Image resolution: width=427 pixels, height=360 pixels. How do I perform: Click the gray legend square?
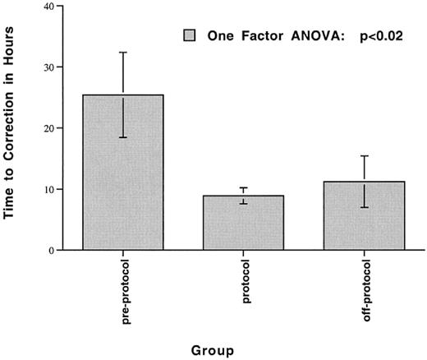click(191, 36)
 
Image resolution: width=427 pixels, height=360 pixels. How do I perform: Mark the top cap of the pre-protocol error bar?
click(122, 53)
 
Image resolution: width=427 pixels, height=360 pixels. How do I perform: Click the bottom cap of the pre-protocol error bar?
click(122, 137)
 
